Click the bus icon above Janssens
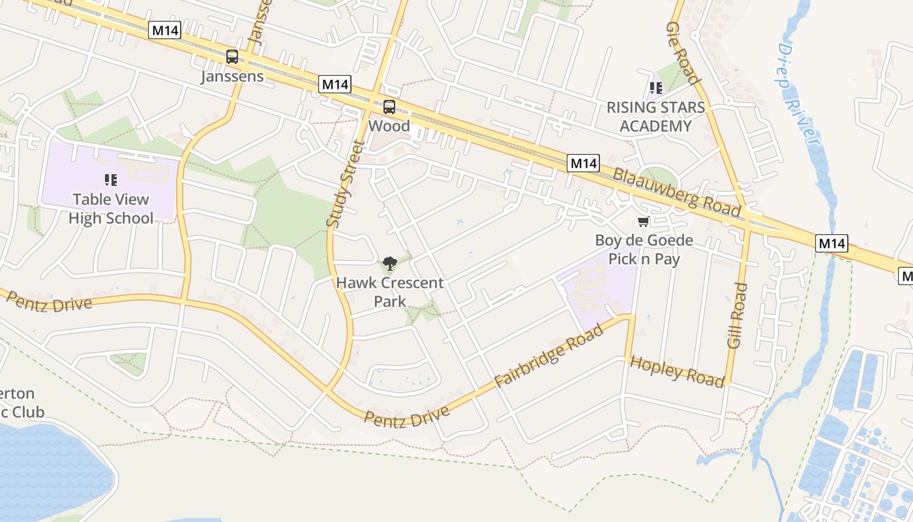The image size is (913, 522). point(232,57)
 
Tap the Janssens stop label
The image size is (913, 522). point(232,76)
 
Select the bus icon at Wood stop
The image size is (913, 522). point(389,107)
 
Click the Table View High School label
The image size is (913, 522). point(111,209)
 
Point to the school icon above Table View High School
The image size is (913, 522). point(111,179)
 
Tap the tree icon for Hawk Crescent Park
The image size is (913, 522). point(390,264)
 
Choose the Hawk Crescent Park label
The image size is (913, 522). point(390,292)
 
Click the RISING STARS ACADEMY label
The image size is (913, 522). point(655,117)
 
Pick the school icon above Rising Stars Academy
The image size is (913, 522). point(655,87)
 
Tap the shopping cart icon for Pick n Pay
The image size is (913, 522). point(644,222)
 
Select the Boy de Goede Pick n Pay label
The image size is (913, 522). point(644,249)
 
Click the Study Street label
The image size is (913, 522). point(344,184)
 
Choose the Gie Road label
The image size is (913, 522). point(683,53)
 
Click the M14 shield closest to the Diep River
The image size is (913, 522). point(832,244)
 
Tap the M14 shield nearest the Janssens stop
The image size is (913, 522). point(164,30)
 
